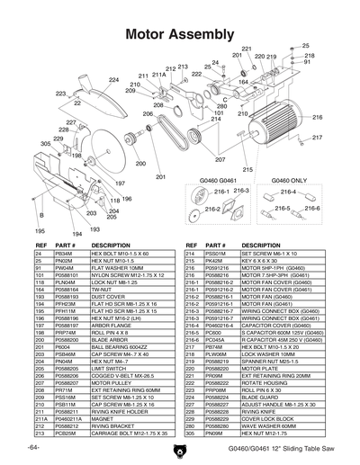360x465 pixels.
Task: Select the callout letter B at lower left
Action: [x=40, y=216]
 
